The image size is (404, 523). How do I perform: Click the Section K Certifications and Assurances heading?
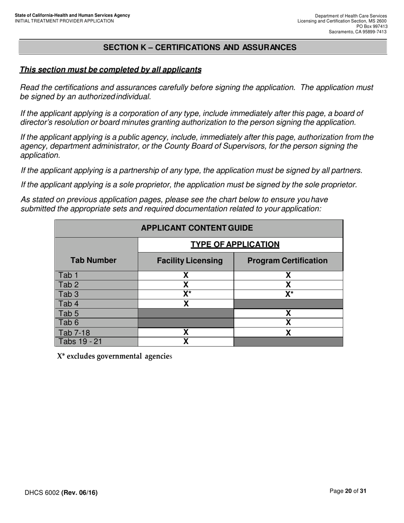[x=200, y=47]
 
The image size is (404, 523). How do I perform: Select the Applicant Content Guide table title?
[x=197, y=228]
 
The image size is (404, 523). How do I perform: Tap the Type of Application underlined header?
[x=235, y=244]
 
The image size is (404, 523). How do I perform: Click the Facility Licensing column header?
[x=190, y=261]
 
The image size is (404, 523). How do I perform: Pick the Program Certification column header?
[x=287, y=261]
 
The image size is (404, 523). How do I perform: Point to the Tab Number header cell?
[x=93, y=260]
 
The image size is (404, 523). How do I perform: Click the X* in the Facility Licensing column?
[x=187, y=294]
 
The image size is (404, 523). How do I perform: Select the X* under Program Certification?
[x=289, y=294]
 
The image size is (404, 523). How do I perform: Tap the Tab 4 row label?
[x=68, y=304]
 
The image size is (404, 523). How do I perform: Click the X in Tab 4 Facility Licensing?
[x=186, y=304]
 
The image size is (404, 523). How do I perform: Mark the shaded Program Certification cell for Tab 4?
[x=288, y=304]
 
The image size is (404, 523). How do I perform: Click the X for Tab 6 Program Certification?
[x=288, y=323]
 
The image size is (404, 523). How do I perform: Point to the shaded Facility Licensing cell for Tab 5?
[x=186, y=313]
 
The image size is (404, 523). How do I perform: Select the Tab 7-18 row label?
[x=74, y=333]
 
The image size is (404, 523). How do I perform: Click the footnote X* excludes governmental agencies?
[x=114, y=356]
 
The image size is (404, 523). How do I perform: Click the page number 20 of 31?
[x=348, y=491]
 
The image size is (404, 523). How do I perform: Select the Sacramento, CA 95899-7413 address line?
[x=357, y=32]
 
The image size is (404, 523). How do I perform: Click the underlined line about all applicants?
[x=111, y=70]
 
